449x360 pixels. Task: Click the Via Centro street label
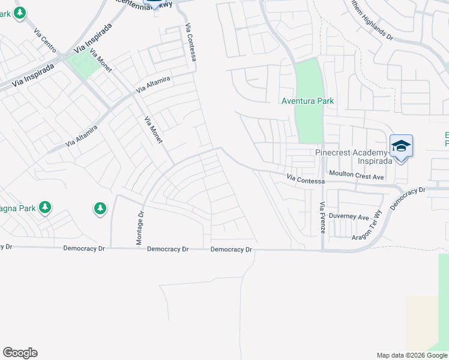pyautogui.click(x=45, y=41)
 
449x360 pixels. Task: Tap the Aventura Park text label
pyautogui.click(x=307, y=101)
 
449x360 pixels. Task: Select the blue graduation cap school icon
pyautogui.click(x=401, y=146)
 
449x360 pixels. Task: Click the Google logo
pyautogui.click(x=20, y=353)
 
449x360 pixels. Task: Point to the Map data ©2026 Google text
pyautogui.click(x=412, y=355)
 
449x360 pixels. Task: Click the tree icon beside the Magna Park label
pyautogui.click(x=44, y=208)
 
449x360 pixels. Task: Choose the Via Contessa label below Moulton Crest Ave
pyautogui.click(x=306, y=180)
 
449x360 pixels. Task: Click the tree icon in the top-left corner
pyautogui.click(x=20, y=13)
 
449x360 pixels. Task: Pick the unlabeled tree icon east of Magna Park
pyautogui.click(x=100, y=209)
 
